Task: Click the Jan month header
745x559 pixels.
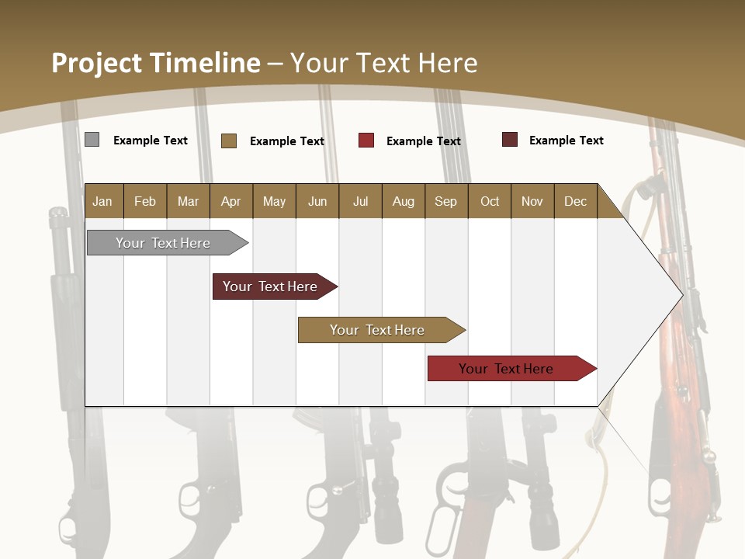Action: (102, 201)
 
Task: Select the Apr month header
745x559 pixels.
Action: (230, 201)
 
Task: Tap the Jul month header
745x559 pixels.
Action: (360, 201)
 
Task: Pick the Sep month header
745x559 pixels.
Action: (445, 201)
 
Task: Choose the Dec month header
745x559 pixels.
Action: (575, 201)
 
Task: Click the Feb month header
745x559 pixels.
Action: (145, 201)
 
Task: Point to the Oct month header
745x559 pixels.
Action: (490, 201)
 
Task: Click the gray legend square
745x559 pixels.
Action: (92, 140)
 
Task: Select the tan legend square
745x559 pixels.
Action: (228, 141)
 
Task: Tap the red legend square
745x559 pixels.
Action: (366, 141)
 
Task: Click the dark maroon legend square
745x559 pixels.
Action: (510, 140)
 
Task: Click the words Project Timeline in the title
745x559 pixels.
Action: (156, 63)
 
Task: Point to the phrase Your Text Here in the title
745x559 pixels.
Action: (384, 63)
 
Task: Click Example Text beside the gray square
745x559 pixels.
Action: (151, 141)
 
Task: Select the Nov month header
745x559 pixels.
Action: (532, 201)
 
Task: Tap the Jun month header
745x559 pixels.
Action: (317, 201)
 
